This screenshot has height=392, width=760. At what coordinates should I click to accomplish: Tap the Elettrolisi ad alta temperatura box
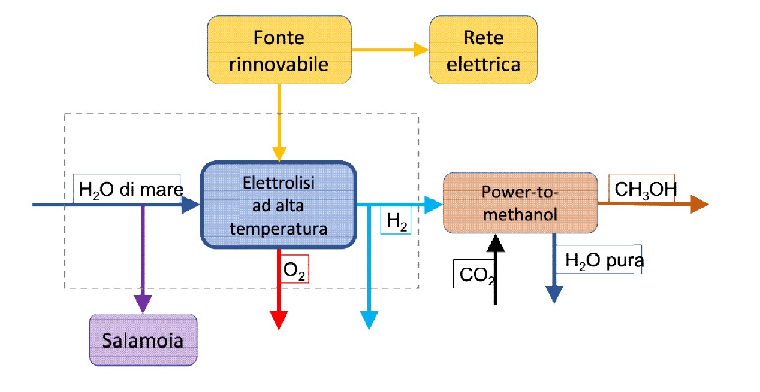coord(278,205)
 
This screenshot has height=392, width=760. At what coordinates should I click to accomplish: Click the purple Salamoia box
coord(143,340)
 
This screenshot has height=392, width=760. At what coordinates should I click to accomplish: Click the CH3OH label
coord(646,189)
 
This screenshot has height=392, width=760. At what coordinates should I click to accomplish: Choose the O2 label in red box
coord(294,270)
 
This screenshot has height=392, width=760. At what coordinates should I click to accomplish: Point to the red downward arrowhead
coord(279,320)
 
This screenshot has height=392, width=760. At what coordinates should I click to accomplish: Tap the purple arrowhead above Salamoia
coord(143,304)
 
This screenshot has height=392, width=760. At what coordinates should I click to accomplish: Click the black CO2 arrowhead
coord(495,242)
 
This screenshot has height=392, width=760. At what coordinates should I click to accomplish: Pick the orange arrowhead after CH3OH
coord(699,205)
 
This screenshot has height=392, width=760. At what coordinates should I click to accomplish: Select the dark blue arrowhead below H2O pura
coord(554,294)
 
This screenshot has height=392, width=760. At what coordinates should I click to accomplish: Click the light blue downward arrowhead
coord(369,320)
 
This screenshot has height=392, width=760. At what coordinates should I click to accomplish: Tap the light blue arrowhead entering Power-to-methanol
coord(435,205)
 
